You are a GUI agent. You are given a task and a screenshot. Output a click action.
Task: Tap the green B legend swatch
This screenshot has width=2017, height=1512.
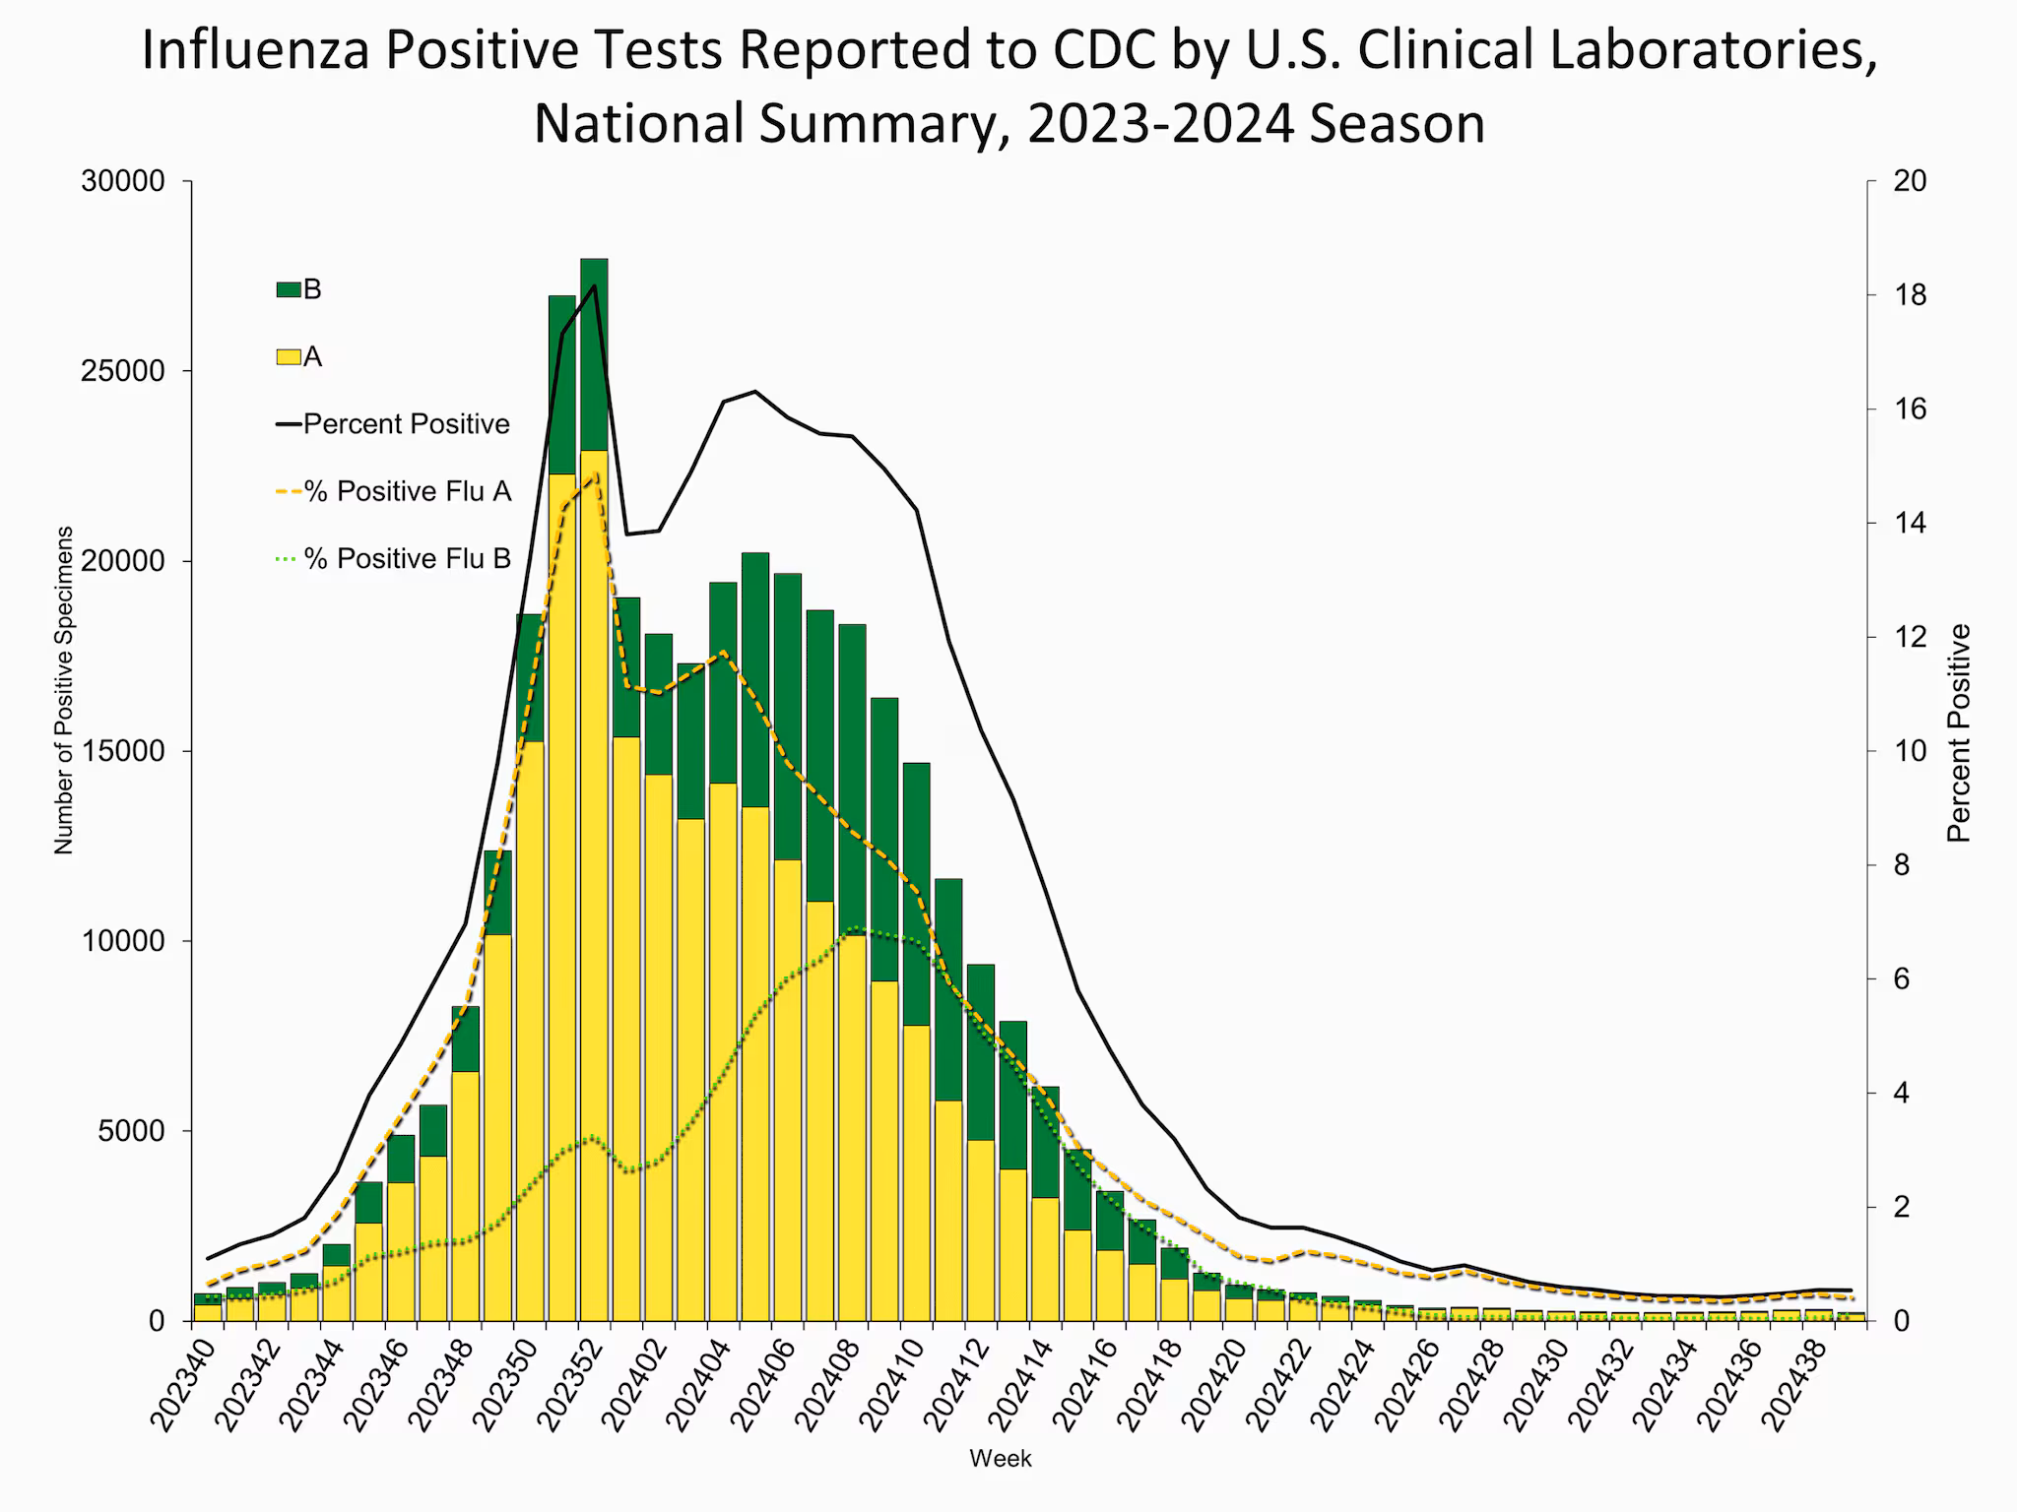(288, 289)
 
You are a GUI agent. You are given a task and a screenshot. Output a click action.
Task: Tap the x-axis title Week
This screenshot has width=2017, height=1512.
(1000, 1459)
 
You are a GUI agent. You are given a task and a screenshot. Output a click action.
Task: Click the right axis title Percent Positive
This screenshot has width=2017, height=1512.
(1959, 733)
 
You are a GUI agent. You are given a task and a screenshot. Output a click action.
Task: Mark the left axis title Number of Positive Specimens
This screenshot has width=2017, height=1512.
(64, 690)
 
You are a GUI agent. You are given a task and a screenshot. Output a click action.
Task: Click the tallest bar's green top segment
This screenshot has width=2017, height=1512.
(594, 354)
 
